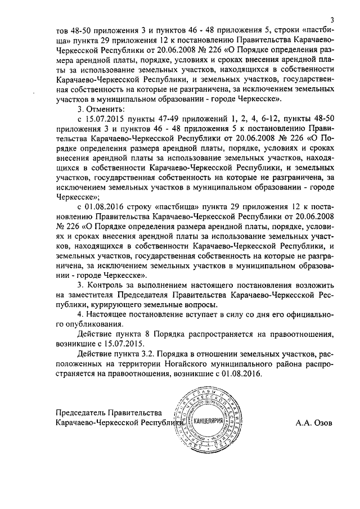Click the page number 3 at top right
[332, 20]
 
